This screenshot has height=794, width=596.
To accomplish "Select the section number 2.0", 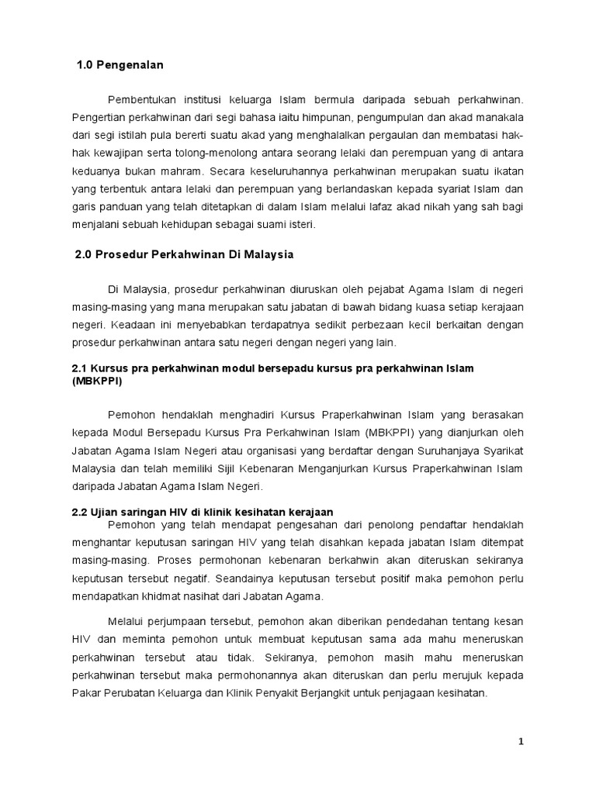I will point(85,254).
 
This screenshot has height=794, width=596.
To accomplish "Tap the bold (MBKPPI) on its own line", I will point(96,382).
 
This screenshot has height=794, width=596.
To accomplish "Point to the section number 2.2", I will point(81,512).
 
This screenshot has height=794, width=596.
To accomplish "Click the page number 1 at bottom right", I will point(521,742).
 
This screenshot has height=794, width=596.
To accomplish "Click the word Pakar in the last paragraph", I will point(85,694).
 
